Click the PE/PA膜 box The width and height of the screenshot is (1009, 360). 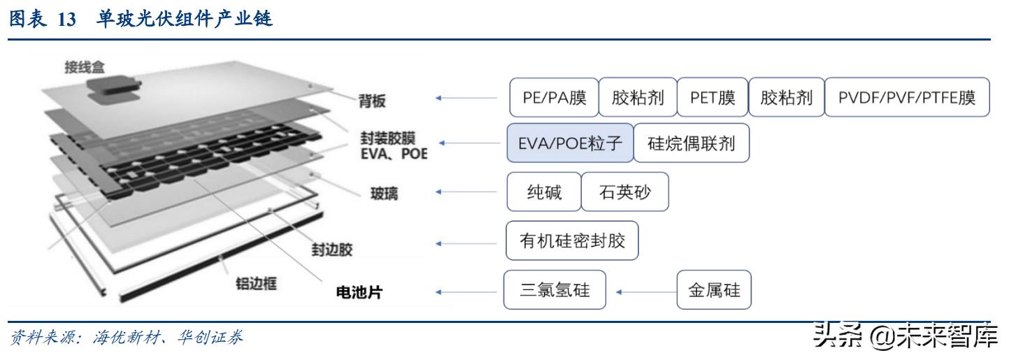click(553, 97)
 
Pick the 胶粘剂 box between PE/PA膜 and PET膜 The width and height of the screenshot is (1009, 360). click(638, 97)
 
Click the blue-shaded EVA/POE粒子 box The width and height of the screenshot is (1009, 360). click(570, 144)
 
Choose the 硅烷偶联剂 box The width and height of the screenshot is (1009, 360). click(691, 144)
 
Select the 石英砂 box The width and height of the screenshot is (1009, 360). click(625, 192)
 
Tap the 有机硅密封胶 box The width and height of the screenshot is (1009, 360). click(571, 242)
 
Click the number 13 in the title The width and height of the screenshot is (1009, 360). click(66, 20)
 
